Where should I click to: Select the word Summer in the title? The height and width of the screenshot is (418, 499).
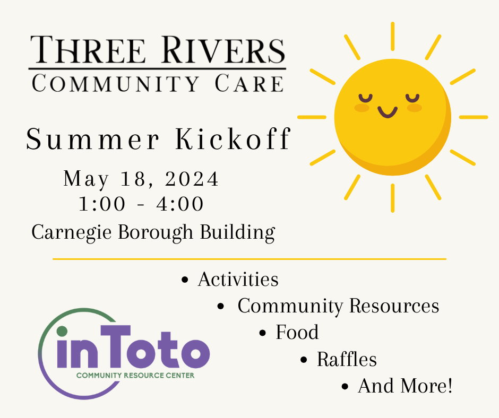92,140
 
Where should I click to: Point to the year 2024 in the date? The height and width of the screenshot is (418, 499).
192,179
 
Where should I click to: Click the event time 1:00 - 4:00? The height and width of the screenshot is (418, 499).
141,204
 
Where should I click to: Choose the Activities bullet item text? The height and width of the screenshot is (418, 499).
238,279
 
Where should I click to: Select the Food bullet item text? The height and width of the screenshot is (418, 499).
297,333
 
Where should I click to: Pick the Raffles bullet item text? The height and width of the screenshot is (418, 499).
347,360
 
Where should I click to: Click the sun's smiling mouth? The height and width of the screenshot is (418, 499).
388,112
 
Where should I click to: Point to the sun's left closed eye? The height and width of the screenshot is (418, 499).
364,97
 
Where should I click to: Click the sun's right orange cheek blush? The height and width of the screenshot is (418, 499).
414,108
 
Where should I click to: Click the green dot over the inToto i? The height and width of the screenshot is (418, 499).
62,332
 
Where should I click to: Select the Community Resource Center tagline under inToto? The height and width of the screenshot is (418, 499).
135,376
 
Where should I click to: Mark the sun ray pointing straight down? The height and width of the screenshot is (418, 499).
392,197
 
